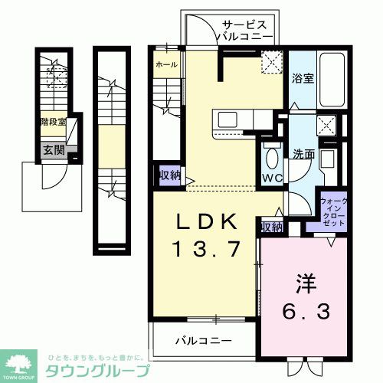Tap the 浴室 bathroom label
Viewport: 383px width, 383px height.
301,77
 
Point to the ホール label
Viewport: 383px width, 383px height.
166,65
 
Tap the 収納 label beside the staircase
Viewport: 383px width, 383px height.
169,175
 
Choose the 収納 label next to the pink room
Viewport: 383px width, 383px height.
271,227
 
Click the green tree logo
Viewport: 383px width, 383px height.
21,362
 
